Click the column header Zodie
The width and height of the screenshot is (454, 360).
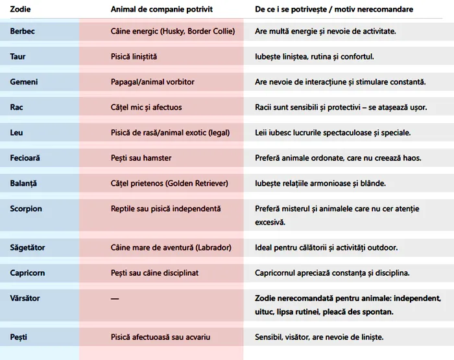(21, 10)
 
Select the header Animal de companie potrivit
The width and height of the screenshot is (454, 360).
(161, 10)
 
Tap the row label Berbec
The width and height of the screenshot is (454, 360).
(23, 31)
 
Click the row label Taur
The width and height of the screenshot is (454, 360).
(18, 56)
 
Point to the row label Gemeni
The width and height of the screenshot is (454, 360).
(24, 82)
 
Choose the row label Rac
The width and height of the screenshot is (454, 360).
(17, 108)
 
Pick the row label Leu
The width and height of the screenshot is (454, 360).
(17, 133)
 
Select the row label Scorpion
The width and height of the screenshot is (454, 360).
(26, 209)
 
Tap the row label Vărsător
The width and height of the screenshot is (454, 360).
(25, 298)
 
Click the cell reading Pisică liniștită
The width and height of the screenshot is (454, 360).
(134, 56)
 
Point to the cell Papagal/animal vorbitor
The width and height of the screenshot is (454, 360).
(152, 82)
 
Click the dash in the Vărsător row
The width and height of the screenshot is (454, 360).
(115, 298)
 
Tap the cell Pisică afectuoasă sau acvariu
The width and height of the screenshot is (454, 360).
(160, 337)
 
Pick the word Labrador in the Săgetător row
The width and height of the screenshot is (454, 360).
(211, 248)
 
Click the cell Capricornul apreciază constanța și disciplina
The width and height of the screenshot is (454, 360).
(332, 273)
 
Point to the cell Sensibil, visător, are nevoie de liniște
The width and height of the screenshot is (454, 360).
(319, 337)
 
